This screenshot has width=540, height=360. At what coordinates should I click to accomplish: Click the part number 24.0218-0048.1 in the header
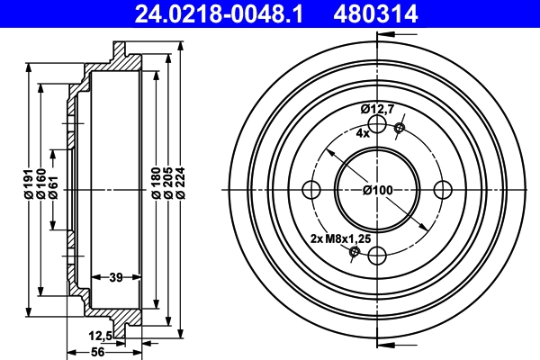(x=219, y=13)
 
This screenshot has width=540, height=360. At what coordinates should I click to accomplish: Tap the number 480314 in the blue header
(x=375, y=13)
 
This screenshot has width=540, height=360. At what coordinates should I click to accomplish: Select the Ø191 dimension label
(x=28, y=184)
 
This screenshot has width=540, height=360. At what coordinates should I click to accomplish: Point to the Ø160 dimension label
(x=41, y=184)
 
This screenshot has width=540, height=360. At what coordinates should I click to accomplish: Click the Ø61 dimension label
(x=53, y=187)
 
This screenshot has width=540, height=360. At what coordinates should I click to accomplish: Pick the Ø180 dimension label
(x=157, y=183)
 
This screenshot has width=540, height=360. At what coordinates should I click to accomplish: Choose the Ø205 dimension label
(x=168, y=183)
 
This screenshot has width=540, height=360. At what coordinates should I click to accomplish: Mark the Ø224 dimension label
(x=181, y=183)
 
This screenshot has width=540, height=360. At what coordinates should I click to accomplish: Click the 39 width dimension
(x=116, y=277)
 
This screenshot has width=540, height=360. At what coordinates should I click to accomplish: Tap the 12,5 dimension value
(x=100, y=336)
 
